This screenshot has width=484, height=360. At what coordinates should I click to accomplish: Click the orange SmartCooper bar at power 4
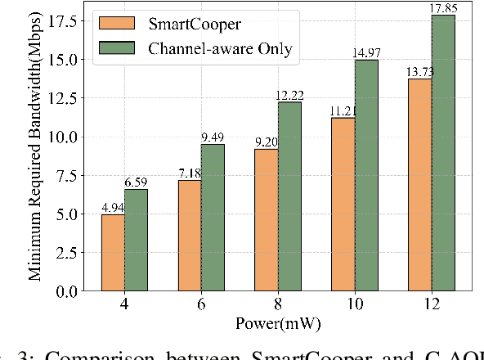coord(113,253)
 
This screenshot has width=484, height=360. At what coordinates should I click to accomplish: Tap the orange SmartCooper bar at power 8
coord(266,220)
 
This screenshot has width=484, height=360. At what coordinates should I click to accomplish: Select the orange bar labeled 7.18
coord(189,236)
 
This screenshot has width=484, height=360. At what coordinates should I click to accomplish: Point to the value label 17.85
coord(443,8)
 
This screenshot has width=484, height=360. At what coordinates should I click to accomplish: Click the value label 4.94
coord(113,208)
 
